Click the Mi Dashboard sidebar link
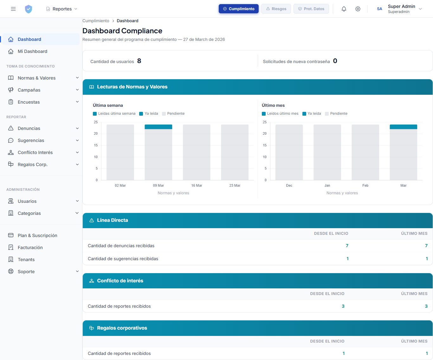point(32,51)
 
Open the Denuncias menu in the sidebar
point(29,128)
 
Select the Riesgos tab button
point(276,9)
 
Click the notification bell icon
point(344,9)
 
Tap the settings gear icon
point(358,9)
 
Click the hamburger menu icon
point(13,9)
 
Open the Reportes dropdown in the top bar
point(62,9)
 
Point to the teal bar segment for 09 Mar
point(158,127)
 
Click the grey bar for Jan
point(327,152)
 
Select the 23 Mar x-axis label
point(235,185)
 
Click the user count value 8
point(139,61)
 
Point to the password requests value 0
point(335,61)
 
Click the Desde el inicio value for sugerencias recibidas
point(347,259)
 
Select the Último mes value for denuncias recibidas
point(426,246)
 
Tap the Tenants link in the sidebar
point(26,260)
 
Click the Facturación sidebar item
point(30,248)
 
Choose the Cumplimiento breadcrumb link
point(96,21)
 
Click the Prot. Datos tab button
point(311,9)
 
